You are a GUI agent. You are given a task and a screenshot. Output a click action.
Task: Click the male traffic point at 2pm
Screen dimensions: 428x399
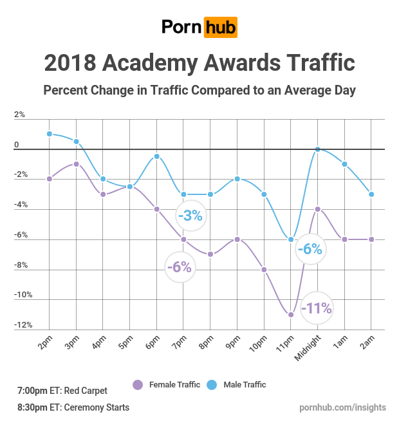(49, 134)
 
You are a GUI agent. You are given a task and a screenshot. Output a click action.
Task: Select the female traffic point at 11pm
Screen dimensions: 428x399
(291, 315)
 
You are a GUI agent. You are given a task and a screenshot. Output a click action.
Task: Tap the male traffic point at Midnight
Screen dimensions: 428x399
(318, 149)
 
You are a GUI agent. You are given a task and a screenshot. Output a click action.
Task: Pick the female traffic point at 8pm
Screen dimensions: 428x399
(210, 254)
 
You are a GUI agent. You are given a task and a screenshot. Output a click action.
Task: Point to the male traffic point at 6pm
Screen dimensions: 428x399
(156, 156)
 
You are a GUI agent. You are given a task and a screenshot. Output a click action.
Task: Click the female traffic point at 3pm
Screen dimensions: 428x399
(76, 164)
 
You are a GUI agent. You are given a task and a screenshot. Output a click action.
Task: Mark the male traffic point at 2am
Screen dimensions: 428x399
(371, 194)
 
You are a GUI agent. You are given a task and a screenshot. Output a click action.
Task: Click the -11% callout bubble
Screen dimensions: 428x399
(317, 308)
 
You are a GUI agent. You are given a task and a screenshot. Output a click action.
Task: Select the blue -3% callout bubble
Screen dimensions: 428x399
(191, 216)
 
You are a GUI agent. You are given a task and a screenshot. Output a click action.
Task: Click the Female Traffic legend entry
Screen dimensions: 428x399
(166, 385)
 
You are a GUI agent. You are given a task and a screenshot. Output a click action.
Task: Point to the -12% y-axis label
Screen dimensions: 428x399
(24, 325)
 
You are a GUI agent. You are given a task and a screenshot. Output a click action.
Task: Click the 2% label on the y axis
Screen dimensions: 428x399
(19, 115)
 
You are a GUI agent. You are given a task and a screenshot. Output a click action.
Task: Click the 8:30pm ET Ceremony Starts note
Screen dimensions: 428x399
(73, 407)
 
